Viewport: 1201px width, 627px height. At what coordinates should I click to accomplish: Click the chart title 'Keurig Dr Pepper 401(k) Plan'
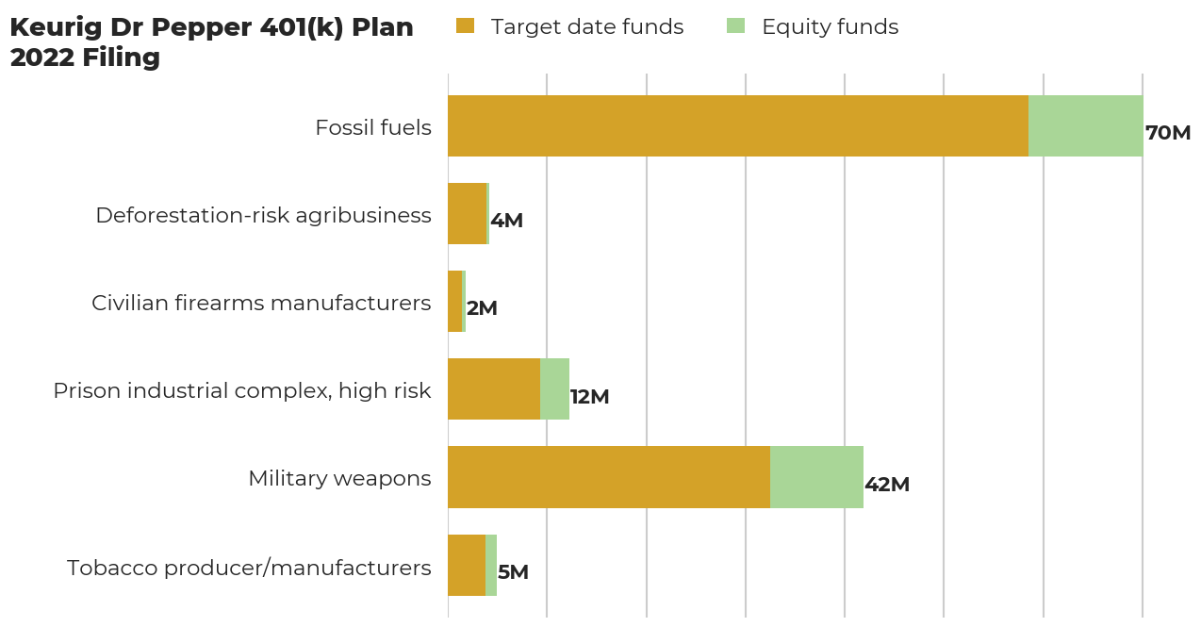click(211, 28)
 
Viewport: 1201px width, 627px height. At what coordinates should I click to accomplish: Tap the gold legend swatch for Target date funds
click(465, 26)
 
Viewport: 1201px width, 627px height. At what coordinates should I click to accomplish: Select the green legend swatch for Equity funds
click(735, 26)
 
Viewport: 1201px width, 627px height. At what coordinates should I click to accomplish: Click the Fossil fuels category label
click(373, 127)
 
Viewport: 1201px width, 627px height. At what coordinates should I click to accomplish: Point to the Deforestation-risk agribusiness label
click(263, 215)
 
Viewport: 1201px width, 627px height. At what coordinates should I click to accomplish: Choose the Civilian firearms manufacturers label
click(261, 303)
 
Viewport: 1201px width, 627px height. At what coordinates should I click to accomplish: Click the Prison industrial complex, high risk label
click(242, 390)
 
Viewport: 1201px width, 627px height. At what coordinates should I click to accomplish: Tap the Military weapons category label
click(339, 478)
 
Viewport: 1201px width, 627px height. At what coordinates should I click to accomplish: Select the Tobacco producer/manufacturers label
click(249, 568)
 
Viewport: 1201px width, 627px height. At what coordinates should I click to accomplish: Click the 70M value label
click(1168, 133)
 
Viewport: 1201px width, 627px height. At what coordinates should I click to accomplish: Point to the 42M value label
click(887, 485)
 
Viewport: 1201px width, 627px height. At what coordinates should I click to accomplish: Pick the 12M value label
click(590, 397)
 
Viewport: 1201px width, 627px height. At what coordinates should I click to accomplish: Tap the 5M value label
click(513, 572)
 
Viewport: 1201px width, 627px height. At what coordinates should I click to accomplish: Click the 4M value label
click(507, 221)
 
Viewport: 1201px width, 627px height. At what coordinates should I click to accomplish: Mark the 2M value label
click(482, 308)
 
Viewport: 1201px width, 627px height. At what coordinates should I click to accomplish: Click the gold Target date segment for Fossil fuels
click(737, 125)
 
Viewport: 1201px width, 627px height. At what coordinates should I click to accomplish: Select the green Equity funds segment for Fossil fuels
click(1085, 125)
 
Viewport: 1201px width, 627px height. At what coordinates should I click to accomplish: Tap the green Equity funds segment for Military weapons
click(816, 477)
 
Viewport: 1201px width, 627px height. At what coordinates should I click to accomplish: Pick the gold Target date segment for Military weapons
click(608, 477)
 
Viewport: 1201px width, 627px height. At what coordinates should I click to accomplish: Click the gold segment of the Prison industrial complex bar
click(493, 388)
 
